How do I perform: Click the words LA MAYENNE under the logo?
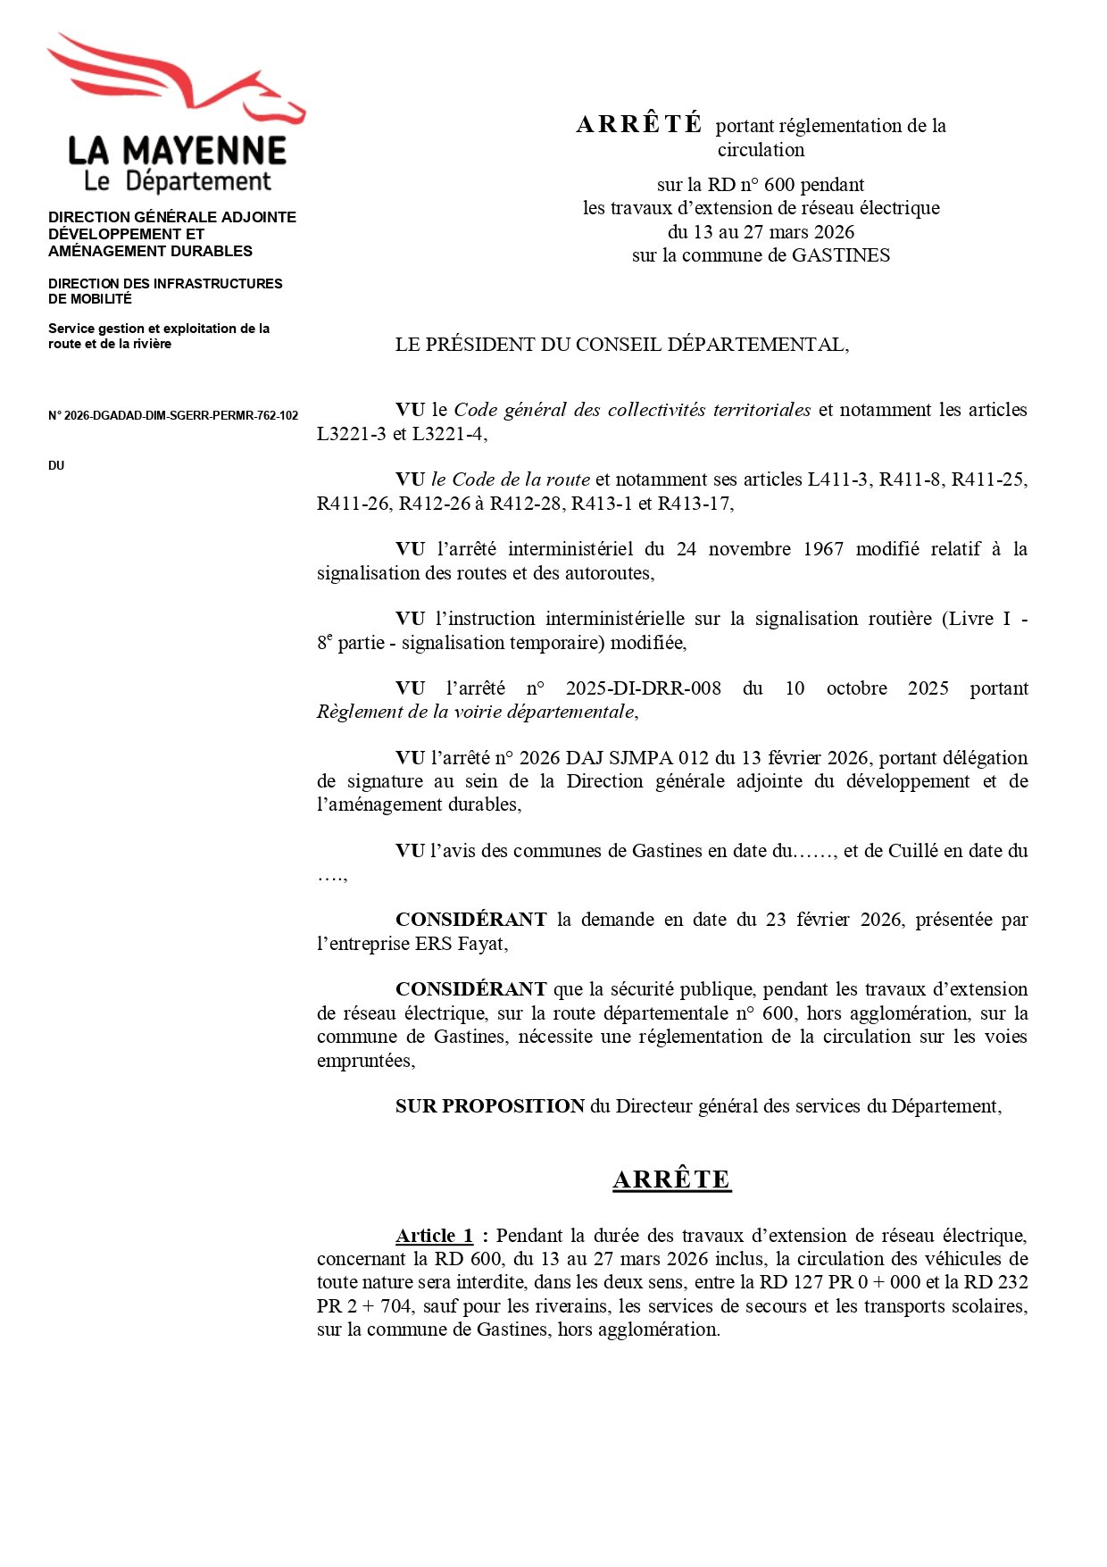coord(177,150)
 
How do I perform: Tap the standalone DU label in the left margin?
coord(56,466)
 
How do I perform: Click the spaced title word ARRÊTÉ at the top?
coord(639,124)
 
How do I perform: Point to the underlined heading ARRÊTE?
coord(671,1179)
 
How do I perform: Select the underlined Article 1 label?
coord(434,1236)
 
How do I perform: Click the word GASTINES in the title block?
coord(841,255)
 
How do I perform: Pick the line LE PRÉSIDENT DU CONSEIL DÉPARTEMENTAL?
coord(621,345)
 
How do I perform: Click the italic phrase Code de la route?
coord(521,479)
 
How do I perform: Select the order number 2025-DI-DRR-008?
coord(643,688)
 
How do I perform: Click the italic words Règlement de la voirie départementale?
coord(476,712)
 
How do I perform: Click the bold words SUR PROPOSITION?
coord(490,1106)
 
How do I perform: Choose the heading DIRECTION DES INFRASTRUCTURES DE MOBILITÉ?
coord(165,291)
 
